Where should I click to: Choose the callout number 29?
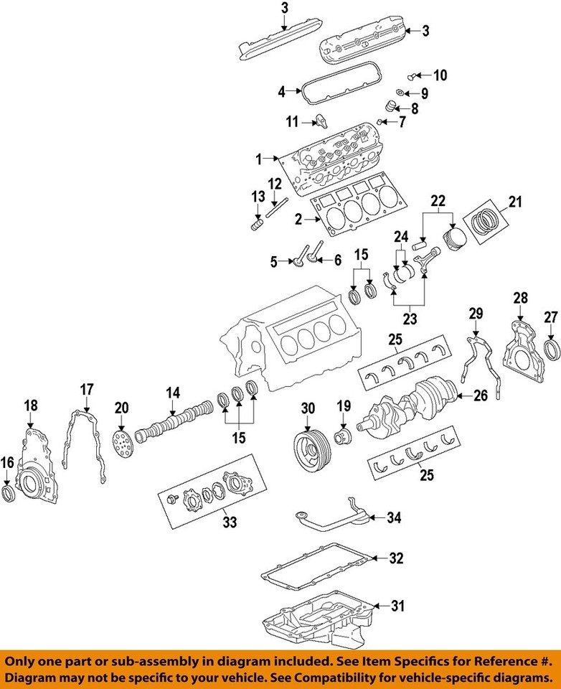[475, 314]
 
